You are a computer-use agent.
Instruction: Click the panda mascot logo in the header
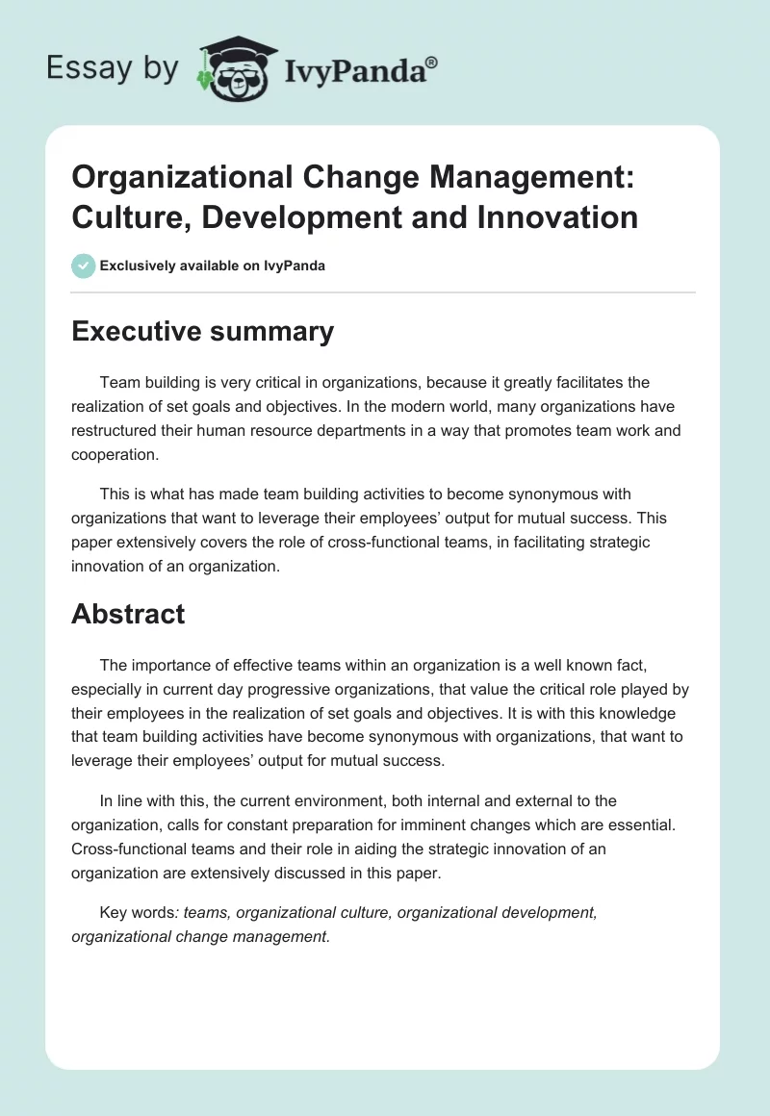pos(237,68)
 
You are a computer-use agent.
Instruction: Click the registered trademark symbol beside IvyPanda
pos(432,63)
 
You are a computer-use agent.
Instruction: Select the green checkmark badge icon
pos(84,266)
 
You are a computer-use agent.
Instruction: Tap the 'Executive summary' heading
pos(202,331)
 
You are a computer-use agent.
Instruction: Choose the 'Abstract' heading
pos(128,614)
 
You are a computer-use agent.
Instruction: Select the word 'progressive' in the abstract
pos(301,689)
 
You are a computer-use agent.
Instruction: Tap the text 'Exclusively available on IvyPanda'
pos(213,266)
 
